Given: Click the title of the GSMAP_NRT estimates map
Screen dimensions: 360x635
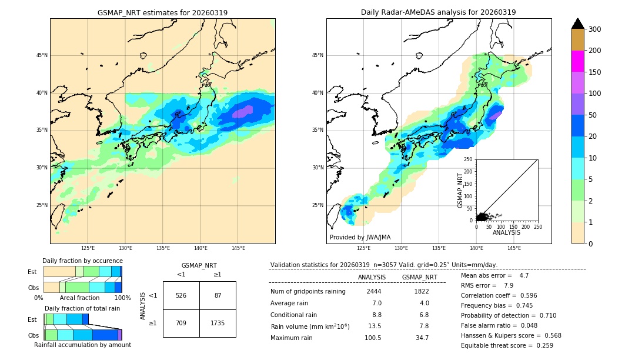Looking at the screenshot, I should [x=162, y=12].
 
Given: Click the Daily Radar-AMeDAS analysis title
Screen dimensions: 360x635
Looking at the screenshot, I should [x=439, y=12].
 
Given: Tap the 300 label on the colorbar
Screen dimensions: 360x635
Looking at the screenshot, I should [x=595, y=29].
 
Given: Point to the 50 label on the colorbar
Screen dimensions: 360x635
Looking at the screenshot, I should [x=593, y=115].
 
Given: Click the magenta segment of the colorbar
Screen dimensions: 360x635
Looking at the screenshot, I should [x=577, y=61].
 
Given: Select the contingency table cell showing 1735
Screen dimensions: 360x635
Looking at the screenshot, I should [x=218, y=322].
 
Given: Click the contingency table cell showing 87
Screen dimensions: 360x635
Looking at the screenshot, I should [x=218, y=295].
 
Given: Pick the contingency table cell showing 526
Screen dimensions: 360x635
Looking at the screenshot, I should [x=181, y=295].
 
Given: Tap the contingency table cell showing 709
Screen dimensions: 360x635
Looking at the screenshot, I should [x=181, y=322].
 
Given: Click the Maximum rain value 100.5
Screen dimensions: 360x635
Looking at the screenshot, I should [x=373, y=338].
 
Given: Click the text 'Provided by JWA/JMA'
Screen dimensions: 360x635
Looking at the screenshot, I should [x=360, y=238].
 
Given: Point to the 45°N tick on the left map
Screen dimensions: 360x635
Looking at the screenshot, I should [x=42, y=55].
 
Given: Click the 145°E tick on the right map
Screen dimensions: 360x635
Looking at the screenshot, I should [x=514, y=248].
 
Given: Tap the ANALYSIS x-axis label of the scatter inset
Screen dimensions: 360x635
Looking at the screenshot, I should [x=506, y=232].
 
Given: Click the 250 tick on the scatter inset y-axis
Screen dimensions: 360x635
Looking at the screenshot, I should [x=468, y=159].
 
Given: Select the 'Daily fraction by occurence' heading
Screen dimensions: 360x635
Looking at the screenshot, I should [x=82, y=261].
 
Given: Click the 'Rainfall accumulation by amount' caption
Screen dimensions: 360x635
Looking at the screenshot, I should [x=82, y=345].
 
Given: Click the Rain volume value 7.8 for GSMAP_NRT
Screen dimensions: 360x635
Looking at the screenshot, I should [x=422, y=326].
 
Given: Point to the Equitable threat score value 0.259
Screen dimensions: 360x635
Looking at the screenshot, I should [x=540, y=345].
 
